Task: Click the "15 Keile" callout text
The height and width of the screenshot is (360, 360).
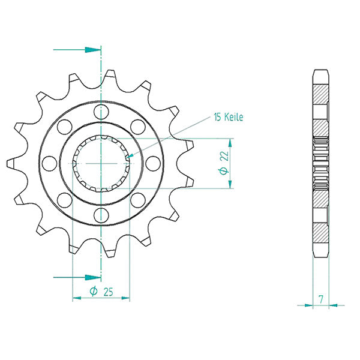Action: (227, 118)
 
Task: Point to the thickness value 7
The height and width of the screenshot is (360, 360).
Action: (322, 298)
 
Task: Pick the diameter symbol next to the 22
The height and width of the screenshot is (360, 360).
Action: (224, 171)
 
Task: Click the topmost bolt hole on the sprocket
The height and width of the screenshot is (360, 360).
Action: (101, 110)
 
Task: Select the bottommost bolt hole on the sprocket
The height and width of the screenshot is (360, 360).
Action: (101, 215)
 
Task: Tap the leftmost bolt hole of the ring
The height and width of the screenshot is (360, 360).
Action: (50, 163)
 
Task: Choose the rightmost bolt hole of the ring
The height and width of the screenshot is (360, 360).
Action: (152, 163)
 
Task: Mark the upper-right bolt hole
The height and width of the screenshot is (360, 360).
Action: (138, 126)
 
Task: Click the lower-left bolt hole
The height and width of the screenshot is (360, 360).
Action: (65, 199)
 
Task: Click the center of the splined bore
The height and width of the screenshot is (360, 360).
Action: (101, 163)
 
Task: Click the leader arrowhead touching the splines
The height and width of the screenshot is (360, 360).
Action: (130, 157)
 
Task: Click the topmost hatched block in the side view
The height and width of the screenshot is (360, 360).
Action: (321, 94)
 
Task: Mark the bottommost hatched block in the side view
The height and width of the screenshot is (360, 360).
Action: (321, 230)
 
